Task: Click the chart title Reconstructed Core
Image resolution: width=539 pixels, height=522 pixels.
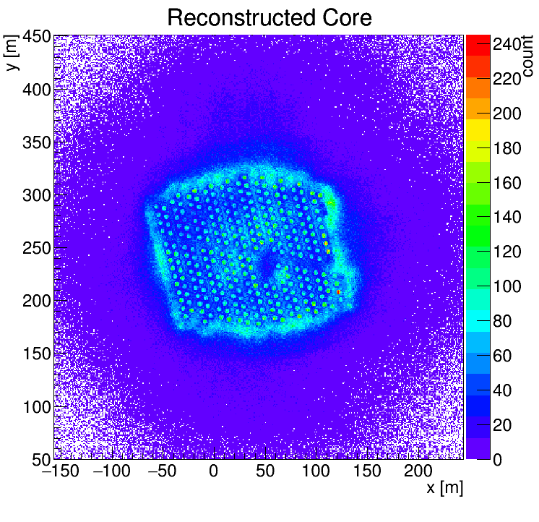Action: pyautogui.click(x=269, y=17)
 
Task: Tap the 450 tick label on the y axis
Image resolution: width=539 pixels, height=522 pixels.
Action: pyautogui.click(x=34, y=37)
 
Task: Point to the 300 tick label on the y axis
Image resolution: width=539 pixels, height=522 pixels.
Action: pyautogui.click(x=34, y=196)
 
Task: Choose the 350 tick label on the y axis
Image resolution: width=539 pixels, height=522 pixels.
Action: pyautogui.click(x=34, y=143)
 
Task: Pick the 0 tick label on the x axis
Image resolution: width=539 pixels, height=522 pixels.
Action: pyautogui.click(x=213, y=472)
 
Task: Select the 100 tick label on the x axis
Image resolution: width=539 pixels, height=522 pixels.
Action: pyautogui.click(x=316, y=472)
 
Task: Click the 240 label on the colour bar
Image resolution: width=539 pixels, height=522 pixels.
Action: pyautogui.click(x=507, y=45)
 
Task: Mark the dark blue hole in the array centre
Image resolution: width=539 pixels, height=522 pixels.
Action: pyautogui.click(x=264, y=268)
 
